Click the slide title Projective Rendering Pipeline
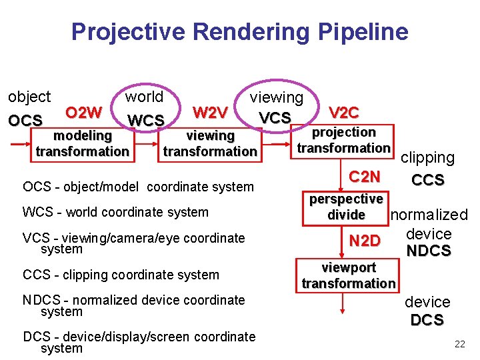coord(239,31)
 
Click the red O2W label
coord(84,111)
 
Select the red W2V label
coord(210,111)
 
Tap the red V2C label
coord(344,113)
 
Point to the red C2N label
coord(365,177)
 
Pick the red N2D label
coord(365,241)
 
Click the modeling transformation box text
coord(83,143)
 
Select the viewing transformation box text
coord(210,143)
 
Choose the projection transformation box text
coord(344,140)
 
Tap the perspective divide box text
coord(346,207)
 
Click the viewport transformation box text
coord(348,275)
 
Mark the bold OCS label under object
coord(25,121)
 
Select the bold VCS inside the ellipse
coord(275,118)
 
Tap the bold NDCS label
coord(428,251)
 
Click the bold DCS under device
coord(427,320)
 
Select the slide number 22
coord(459,344)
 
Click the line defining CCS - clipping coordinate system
coord(121,275)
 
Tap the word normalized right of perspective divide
coord(429,215)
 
